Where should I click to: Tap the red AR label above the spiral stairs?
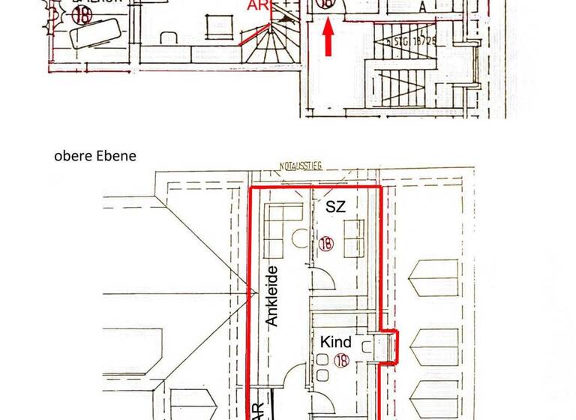click(256, 6)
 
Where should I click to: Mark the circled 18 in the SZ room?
click(325, 243)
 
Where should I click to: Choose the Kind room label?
click(336, 342)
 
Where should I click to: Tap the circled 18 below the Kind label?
click(343, 361)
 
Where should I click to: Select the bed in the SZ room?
click(355, 238)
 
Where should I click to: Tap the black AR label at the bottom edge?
click(256, 409)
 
